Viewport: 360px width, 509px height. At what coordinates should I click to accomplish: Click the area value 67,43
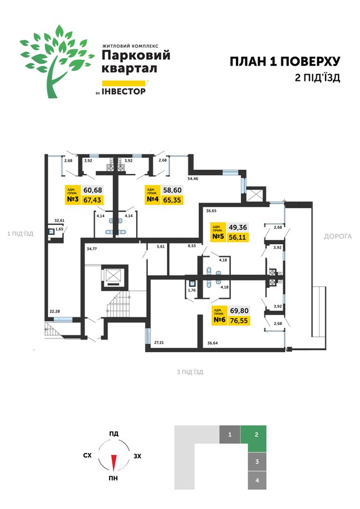tap(92, 200)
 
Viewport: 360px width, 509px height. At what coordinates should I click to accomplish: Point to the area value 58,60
tap(172, 190)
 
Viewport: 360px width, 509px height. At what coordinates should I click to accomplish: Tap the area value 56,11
tap(238, 237)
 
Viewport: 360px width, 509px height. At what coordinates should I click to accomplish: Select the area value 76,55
tap(239, 321)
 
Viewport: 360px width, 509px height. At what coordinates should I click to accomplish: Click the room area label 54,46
tap(193, 178)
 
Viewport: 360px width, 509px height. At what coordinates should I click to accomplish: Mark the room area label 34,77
tap(91, 249)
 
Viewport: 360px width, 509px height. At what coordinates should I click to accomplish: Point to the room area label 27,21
tap(159, 342)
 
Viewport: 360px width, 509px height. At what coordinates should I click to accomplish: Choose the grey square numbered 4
tap(257, 480)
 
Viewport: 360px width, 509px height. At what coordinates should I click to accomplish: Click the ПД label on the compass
tap(114, 434)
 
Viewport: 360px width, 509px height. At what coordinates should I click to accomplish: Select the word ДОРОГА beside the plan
tap(338, 236)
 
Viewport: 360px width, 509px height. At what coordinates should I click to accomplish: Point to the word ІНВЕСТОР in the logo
tap(124, 91)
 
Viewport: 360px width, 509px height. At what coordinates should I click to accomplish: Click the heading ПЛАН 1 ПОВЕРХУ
tap(285, 61)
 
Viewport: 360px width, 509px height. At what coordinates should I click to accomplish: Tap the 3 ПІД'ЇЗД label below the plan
tap(190, 372)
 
